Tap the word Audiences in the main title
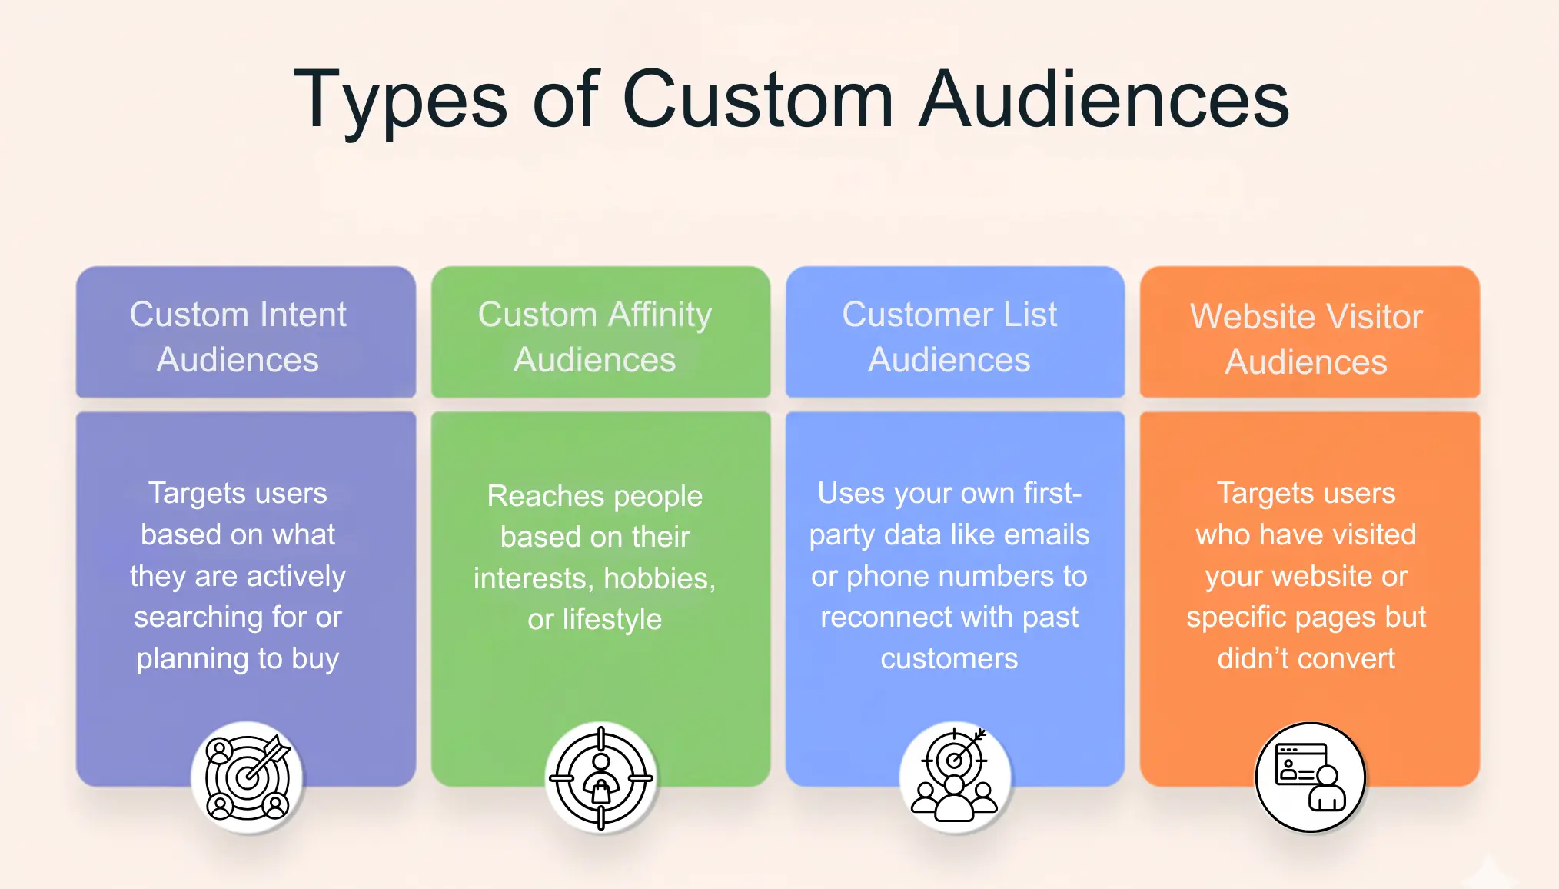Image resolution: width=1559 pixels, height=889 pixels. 1104,100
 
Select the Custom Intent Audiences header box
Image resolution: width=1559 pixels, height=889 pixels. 246,333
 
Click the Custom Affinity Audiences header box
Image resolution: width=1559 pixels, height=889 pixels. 600,333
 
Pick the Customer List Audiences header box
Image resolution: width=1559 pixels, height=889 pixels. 955,333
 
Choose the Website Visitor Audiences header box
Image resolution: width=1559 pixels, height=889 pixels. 1309,333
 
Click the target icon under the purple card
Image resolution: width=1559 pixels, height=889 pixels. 247,777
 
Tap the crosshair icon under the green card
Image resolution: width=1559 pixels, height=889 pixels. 601,777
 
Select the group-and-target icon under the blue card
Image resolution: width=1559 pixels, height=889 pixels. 954,777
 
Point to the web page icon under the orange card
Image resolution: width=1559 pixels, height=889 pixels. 1310,777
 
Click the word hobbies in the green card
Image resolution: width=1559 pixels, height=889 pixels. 659,578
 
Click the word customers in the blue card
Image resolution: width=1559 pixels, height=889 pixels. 949,659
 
